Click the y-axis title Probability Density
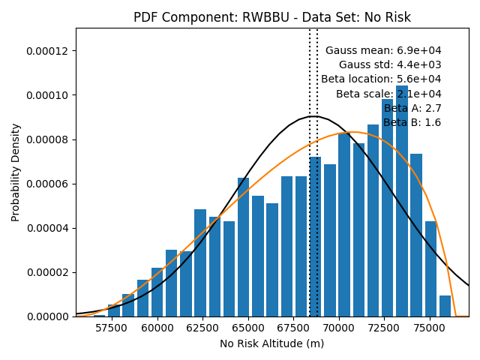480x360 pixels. tap(15, 172)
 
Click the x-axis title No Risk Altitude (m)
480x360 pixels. tap(271, 343)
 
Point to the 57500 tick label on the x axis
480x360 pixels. tap(111, 328)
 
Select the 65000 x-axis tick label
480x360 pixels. tap(248, 328)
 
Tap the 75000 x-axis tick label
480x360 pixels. tap(430, 328)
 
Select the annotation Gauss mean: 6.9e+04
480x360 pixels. tap(383, 50)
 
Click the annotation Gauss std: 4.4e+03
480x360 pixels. tap(390, 65)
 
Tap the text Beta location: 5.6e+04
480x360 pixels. tap(381, 79)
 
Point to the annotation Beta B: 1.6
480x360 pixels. tap(412, 122)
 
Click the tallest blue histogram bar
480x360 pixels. tap(402, 201)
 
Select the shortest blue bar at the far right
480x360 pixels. tap(445, 306)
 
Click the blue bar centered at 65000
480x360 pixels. tap(243, 247)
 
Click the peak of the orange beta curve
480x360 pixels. tap(352, 132)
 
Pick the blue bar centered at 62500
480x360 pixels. tap(200, 263)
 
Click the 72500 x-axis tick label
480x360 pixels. tap(384, 328)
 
